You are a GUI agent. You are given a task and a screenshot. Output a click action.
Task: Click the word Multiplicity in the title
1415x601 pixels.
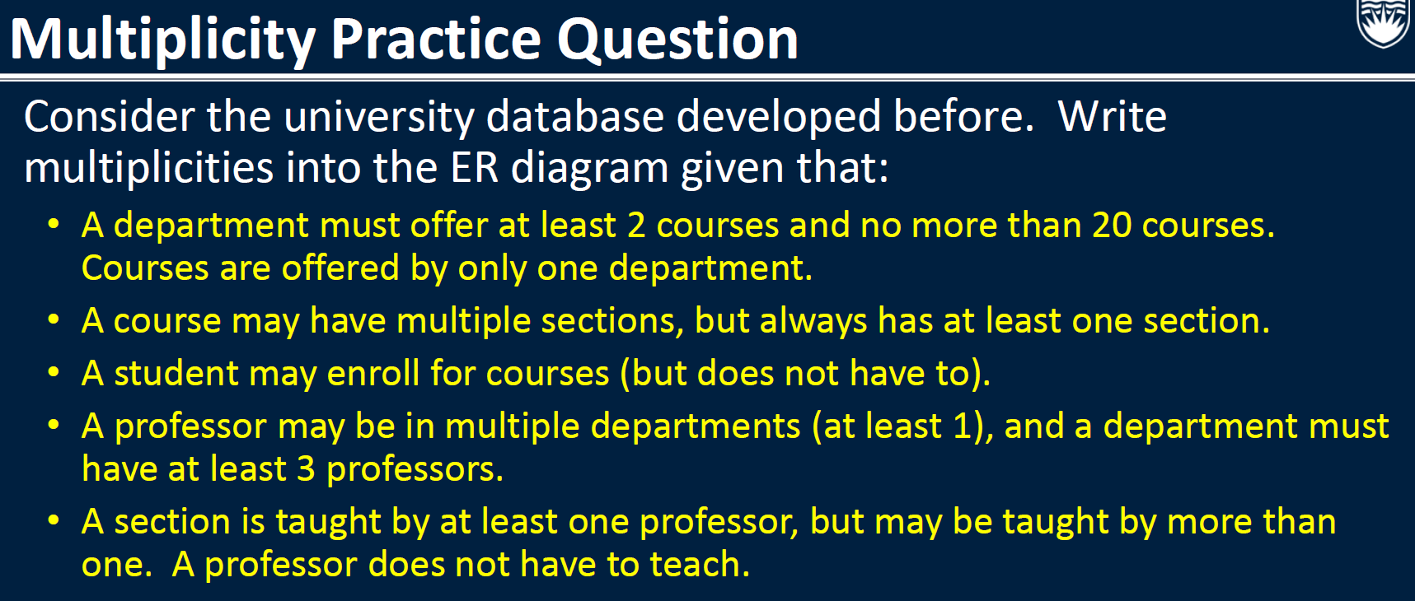click(162, 40)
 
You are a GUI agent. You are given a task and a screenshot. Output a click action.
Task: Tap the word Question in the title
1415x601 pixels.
click(677, 40)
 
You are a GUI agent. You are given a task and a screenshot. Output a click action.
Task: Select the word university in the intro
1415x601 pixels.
click(379, 117)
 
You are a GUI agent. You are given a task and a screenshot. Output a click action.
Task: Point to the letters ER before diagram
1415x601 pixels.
click(475, 168)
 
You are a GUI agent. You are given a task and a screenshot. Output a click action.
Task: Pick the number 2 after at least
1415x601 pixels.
click(636, 226)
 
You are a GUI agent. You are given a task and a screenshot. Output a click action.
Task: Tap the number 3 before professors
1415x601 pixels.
click(306, 469)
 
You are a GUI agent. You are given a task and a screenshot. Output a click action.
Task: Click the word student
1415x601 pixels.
click(176, 374)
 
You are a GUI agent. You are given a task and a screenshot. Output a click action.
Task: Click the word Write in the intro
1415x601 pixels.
click(1112, 117)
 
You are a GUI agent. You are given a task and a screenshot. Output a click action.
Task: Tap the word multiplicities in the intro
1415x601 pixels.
click(148, 168)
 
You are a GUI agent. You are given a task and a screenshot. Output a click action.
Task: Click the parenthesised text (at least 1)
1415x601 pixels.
click(902, 426)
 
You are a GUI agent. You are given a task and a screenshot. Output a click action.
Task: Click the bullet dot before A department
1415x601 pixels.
click(54, 225)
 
